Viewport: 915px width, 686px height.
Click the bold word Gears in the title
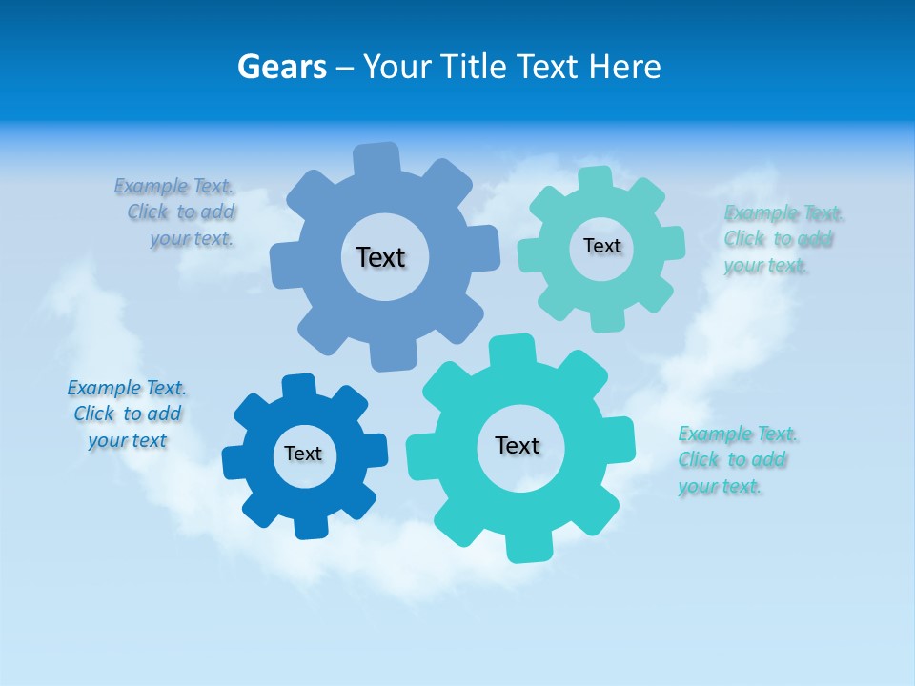click(x=282, y=67)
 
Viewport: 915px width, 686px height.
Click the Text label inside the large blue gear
click(x=380, y=257)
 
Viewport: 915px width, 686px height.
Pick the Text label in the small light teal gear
click(x=601, y=246)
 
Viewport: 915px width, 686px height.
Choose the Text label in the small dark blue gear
click(x=303, y=454)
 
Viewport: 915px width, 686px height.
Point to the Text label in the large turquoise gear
click(x=518, y=445)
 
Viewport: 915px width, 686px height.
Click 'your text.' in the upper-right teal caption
click(x=765, y=266)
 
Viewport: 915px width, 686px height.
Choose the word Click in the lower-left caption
click(x=93, y=414)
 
